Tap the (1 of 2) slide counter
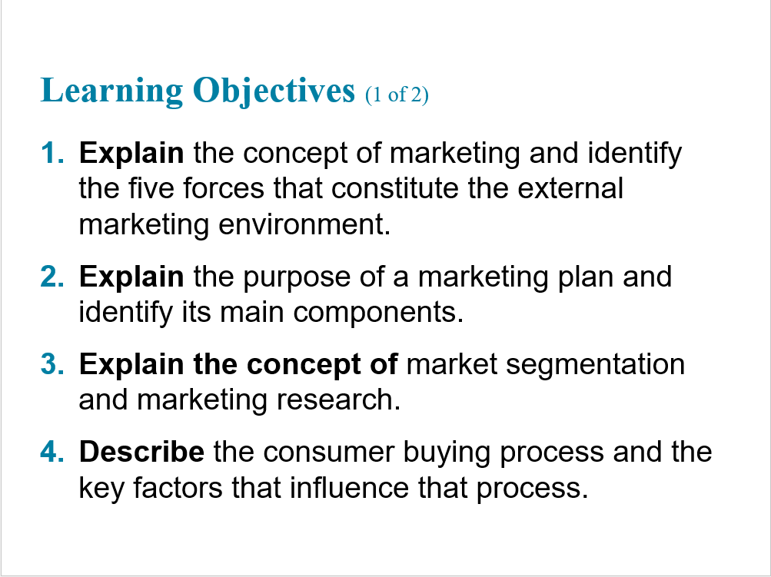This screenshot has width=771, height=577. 397,95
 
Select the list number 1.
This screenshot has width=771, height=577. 52,153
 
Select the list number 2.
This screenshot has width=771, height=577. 52,277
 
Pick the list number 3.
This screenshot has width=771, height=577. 52,364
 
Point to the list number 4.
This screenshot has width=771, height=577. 52,452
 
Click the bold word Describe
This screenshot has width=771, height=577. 141,452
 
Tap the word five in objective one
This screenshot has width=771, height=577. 151,188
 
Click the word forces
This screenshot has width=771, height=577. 224,188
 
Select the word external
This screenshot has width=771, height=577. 570,188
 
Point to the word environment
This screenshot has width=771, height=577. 304,224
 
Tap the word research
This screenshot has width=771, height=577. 338,400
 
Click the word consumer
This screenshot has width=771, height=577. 328,452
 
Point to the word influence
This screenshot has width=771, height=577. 349,487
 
